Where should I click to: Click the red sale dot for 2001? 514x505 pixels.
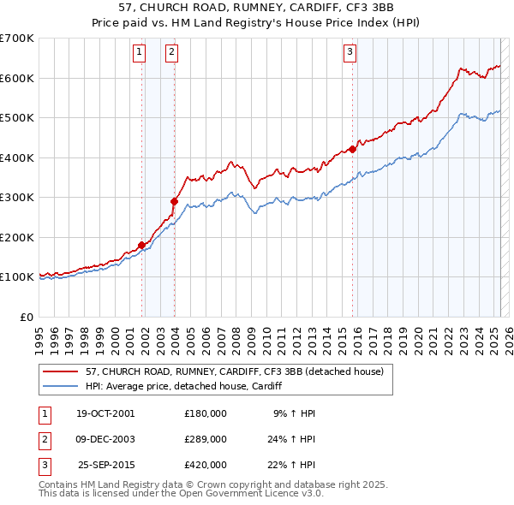141,245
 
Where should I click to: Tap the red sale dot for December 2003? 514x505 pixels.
174,201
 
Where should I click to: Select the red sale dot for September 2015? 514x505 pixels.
352,149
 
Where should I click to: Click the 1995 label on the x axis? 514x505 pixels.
39,333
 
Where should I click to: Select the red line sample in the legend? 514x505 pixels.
60,371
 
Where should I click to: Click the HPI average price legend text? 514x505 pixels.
183,386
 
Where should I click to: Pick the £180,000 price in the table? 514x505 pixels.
206,413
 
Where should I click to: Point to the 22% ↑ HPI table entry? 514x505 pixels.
294,465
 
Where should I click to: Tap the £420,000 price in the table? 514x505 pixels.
206,465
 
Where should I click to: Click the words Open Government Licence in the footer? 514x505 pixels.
238,494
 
